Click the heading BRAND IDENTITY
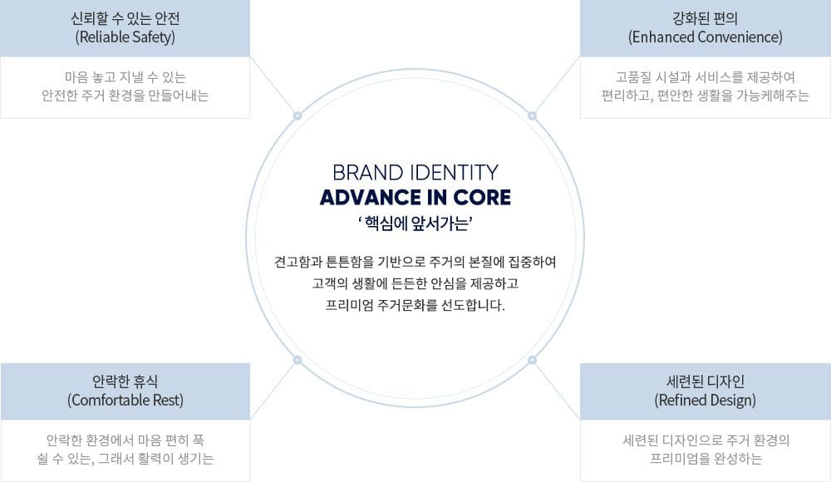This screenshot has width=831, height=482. tap(415, 172)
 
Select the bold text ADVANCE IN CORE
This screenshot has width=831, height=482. tap(415, 199)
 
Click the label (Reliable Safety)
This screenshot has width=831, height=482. tap(125, 37)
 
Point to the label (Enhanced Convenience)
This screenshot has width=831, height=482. tap(705, 37)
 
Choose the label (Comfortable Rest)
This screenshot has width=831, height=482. tap(125, 401)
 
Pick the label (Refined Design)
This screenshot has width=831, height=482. tap(705, 401)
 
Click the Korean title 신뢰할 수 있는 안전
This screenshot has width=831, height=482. tap(125, 17)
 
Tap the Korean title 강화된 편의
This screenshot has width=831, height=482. tap(705, 17)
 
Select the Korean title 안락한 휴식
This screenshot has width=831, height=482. tap(125, 381)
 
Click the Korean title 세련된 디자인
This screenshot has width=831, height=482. tap(705, 381)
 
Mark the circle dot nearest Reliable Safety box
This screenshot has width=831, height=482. tap(297, 115)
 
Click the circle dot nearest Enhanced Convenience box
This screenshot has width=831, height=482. tap(533, 115)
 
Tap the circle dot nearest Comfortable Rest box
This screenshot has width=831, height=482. tap(297, 359)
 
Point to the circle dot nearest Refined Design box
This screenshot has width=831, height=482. tap(533, 359)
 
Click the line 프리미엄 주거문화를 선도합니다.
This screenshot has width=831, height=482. tap(415, 304)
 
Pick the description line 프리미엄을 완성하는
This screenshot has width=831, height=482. tap(705, 458)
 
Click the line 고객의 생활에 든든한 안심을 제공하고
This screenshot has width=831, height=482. tap(415, 283)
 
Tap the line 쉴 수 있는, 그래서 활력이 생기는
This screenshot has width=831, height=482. tap(125, 458)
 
